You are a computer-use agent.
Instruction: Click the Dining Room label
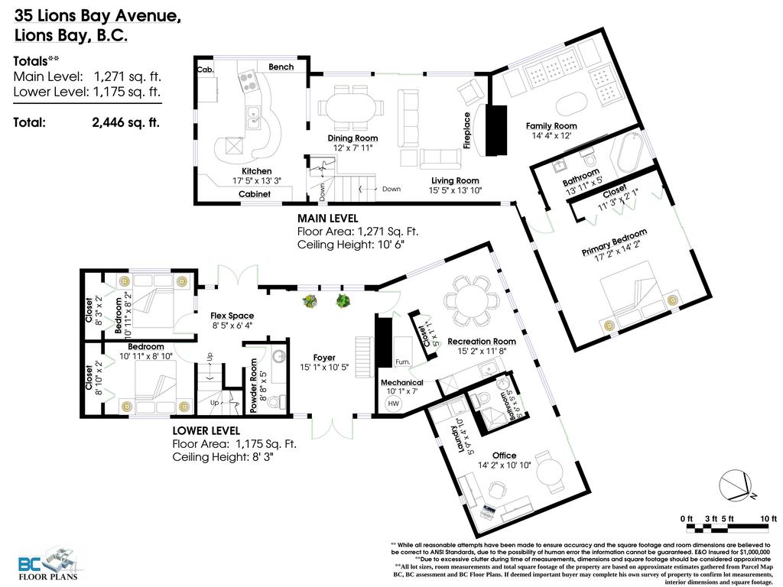pos(353,138)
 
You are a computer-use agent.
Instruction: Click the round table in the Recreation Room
pos(470,294)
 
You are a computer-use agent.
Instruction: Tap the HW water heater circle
pos(394,403)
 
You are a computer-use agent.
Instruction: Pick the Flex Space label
pos(232,316)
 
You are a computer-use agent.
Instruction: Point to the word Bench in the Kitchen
pos(281,67)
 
